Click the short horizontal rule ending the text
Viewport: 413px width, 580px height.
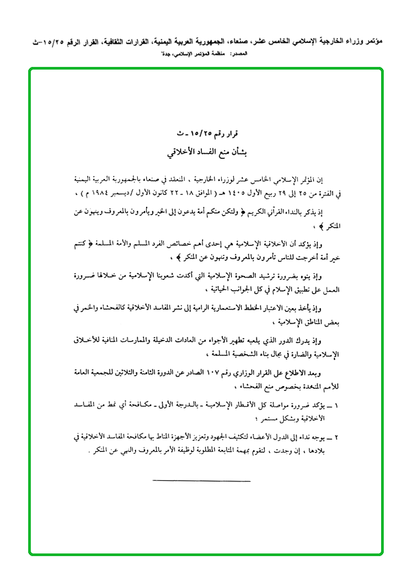[201, 481]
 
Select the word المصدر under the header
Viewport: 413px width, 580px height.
[242, 54]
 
